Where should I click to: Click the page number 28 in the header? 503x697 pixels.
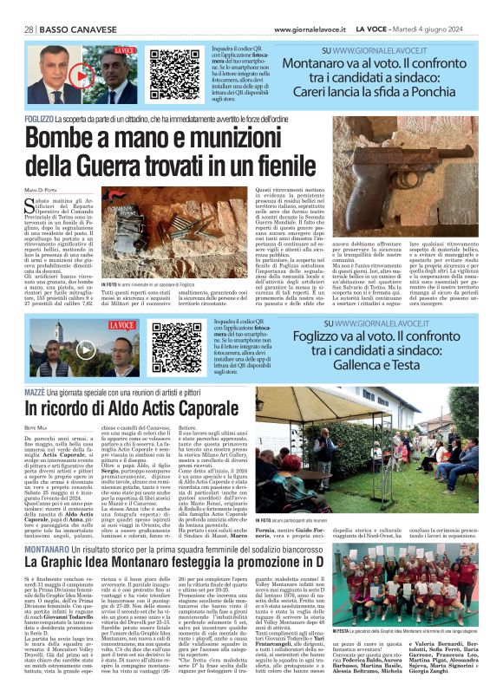[29, 29]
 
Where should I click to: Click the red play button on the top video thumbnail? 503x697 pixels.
[81, 75]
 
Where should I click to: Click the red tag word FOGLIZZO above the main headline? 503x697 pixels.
[41, 116]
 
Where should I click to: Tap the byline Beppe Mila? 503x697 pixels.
[37, 428]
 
